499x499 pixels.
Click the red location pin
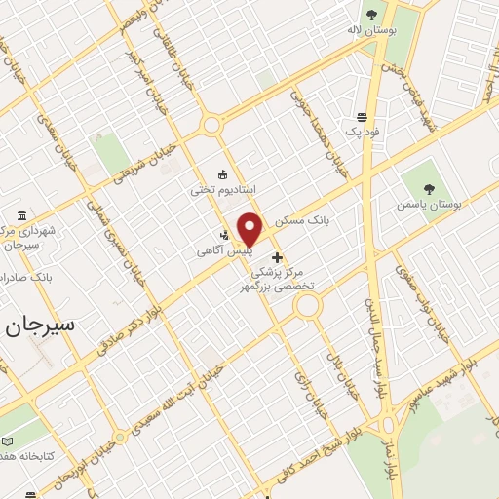click(250, 230)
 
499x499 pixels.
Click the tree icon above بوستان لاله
click(371, 14)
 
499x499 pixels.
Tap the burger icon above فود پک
click(362, 116)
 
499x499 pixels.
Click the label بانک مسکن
click(303, 221)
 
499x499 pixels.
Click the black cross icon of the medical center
click(278, 258)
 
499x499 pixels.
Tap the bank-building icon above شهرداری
click(22, 215)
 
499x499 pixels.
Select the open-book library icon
click(9, 441)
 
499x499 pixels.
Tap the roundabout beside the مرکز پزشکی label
click(308, 307)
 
